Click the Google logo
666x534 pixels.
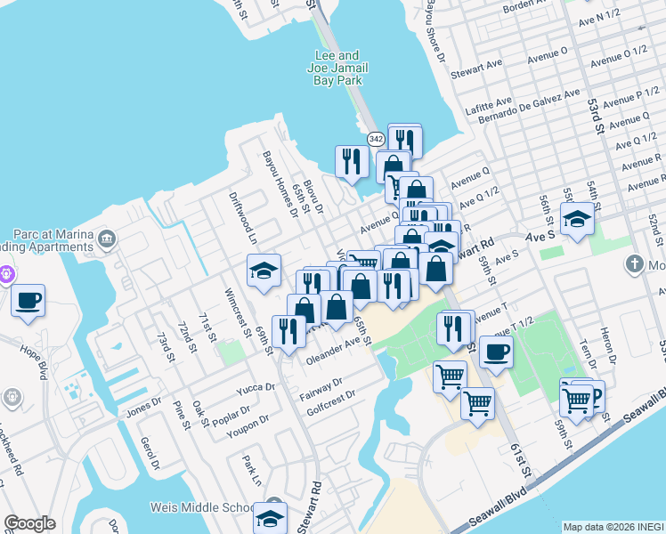[29, 523]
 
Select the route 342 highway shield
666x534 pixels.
[376, 140]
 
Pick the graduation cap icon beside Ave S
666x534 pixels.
[577, 220]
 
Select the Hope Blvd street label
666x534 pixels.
[32, 339]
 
